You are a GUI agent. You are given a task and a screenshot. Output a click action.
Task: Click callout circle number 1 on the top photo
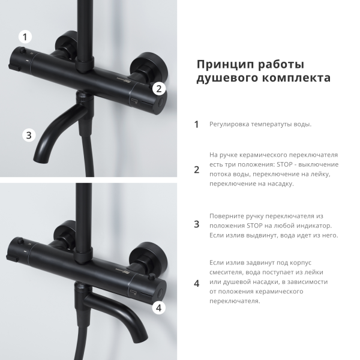coord(25,37)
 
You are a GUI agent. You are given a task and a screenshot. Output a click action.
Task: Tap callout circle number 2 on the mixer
coord(158,89)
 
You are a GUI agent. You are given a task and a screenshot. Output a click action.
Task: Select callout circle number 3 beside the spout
coord(29,135)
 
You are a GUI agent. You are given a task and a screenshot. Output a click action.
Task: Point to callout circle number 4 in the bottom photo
coord(158,308)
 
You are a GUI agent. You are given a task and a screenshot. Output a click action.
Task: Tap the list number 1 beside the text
coord(196,125)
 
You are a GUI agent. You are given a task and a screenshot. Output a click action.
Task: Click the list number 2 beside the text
coord(196,169)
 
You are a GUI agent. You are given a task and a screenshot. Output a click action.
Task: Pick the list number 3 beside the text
coord(196,224)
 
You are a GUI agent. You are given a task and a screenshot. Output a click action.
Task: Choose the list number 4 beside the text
coord(196,283)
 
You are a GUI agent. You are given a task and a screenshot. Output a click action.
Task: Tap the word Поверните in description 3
coord(227,215)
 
